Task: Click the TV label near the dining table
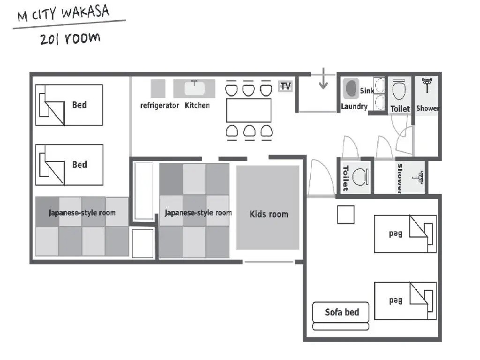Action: (285, 86)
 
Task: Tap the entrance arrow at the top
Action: (323, 79)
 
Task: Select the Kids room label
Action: (269, 214)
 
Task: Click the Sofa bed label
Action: (342, 312)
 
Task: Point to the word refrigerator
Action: (159, 105)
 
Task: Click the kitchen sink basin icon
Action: (194, 88)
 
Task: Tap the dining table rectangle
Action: (248, 111)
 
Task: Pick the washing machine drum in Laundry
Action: (351, 88)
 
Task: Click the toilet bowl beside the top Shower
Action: (399, 90)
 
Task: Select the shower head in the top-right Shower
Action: (427, 85)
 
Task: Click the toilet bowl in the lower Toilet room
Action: (360, 177)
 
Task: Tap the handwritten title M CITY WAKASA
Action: (63, 14)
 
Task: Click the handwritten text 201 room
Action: (70, 38)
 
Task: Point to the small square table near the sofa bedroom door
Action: (346, 215)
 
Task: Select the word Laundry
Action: (354, 106)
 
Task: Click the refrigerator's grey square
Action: (158, 89)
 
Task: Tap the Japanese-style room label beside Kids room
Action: (198, 213)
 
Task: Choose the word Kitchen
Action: (197, 105)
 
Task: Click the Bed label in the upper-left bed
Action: (79, 105)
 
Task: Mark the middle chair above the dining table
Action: (248, 90)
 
